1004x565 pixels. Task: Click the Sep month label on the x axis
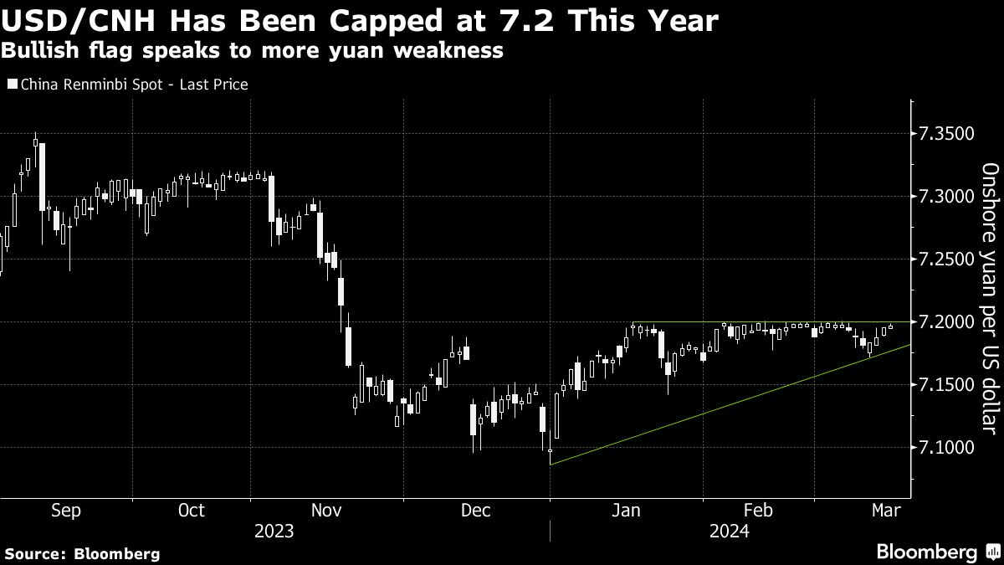tap(66, 511)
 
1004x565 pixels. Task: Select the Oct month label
tap(192, 511)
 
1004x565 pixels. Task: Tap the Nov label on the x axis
tap(326, 511)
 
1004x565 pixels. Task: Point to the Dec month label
tap(475, 511)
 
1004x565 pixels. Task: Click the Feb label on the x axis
tap(757, 511)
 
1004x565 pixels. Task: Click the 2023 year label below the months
tap(274, 532)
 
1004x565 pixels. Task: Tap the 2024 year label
tap(730, 532)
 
